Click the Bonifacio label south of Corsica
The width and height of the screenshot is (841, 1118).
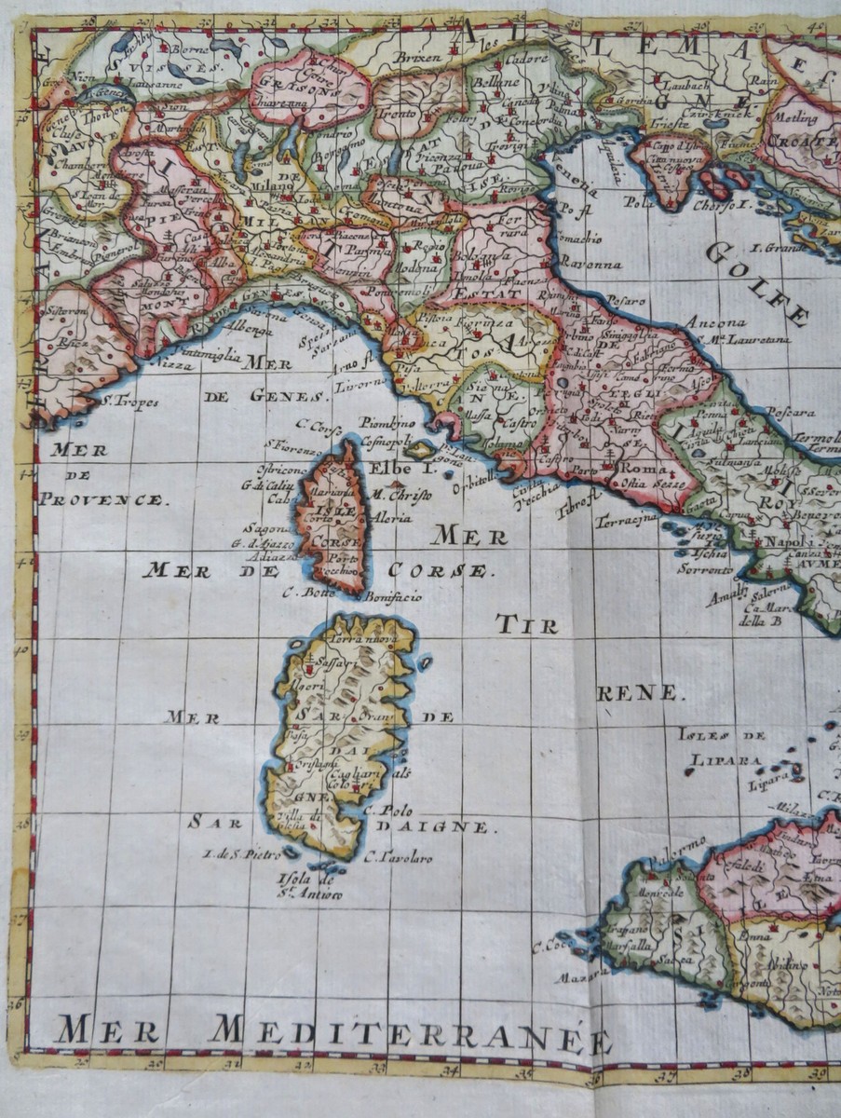pos(392,596)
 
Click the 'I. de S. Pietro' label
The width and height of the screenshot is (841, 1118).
pos(238,852)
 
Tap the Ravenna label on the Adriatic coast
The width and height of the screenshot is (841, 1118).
pos(590,264)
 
